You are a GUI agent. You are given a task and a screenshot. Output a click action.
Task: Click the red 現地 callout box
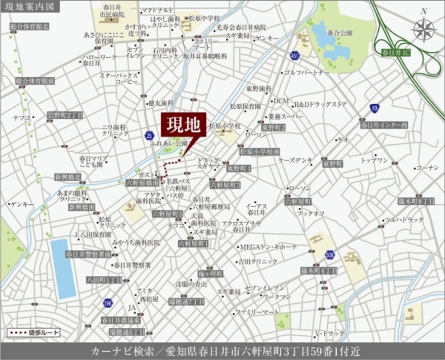click(x=183, y=125)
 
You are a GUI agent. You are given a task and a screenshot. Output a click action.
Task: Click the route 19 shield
click(x=374, y=108)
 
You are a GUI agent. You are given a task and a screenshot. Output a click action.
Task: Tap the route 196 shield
click(x=107, y=303)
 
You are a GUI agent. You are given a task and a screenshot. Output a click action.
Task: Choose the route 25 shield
click(x=149, y=135)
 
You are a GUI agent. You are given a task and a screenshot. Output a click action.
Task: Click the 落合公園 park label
click(x=340, y=33)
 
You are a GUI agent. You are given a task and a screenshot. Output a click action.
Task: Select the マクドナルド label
click(x=157, y=10)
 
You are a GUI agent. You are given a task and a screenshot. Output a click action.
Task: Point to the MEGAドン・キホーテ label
click(x=268, y=247)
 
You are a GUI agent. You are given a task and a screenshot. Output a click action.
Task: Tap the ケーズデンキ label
click(x=295, y=160)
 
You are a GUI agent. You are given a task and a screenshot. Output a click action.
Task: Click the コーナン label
click(x=427, y=168)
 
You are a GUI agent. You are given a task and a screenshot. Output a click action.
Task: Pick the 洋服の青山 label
click(x=191, y=284)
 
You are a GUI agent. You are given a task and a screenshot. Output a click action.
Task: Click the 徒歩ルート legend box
click(x=34, y=332)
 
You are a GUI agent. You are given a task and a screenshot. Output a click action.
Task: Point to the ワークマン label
click(x=276, y=297)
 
